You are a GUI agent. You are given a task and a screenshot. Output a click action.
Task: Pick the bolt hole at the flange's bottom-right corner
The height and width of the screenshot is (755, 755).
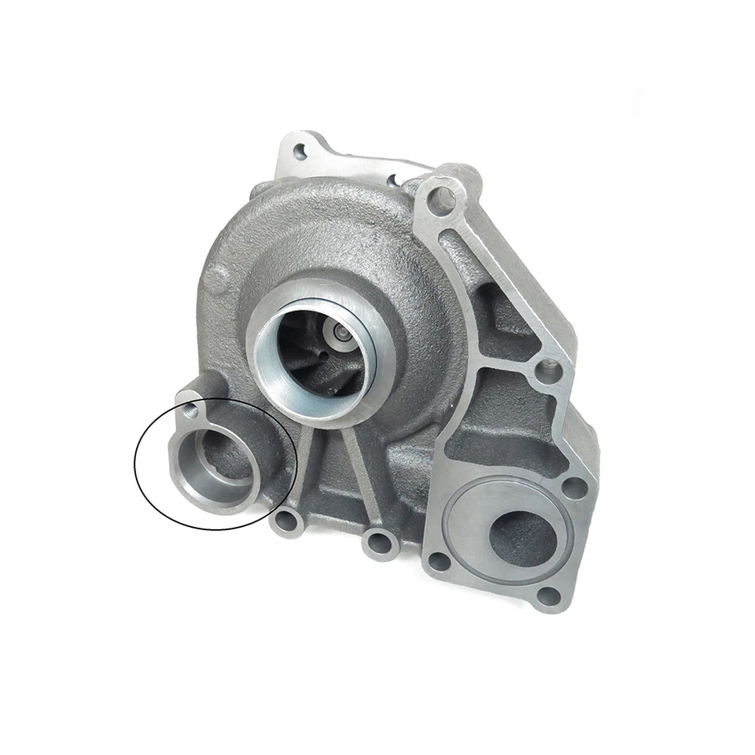[552, 595]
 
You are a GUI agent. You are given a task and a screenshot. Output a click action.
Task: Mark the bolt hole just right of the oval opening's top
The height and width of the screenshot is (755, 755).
[574, 485]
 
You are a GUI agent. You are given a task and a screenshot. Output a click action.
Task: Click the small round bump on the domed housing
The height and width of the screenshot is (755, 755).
[219, 274]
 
